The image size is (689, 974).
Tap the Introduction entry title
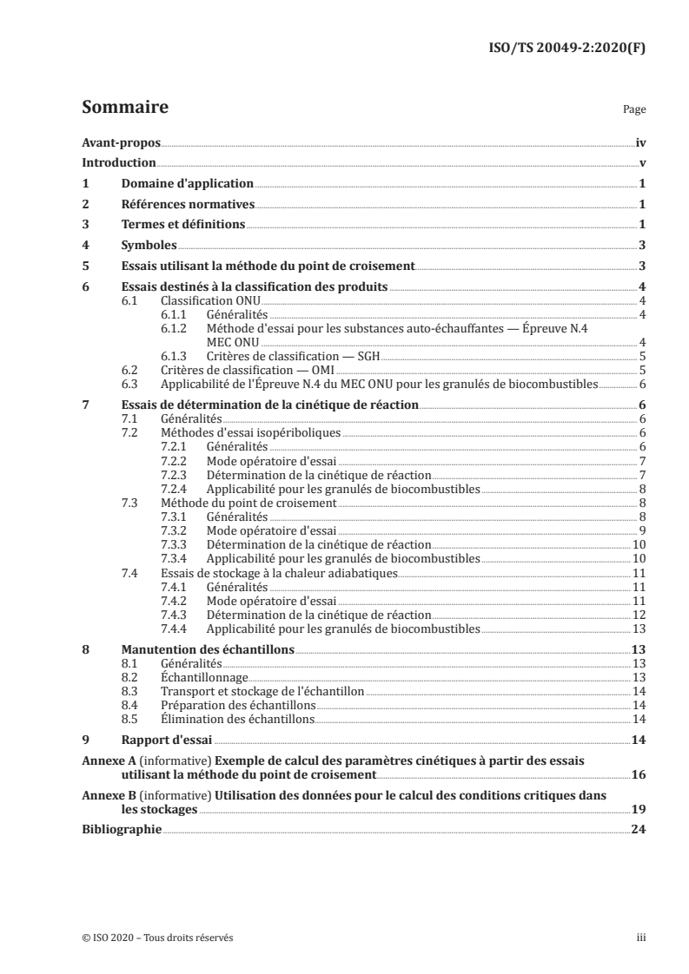coord(118,163)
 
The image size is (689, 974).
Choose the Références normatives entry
coord(187,205)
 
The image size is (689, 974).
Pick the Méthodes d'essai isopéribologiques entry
coord(251,432)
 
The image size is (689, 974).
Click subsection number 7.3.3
coord(177,543)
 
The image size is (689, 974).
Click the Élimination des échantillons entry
coord(237,719)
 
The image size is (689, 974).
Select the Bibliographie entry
coord(122,829)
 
